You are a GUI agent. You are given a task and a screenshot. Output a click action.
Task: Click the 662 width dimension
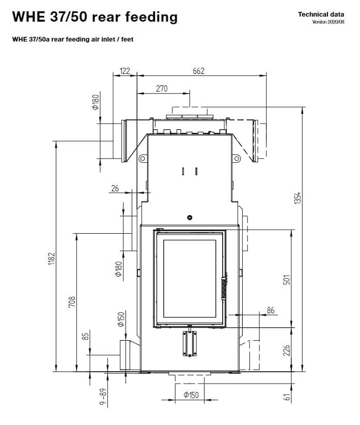(198, 71)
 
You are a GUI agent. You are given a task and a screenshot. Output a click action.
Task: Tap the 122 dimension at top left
(125, 71)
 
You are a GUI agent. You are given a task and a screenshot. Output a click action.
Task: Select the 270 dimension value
(162, 88)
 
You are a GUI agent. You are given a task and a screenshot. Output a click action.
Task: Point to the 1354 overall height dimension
(298, 198)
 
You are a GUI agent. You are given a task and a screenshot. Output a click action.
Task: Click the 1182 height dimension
(52, 259)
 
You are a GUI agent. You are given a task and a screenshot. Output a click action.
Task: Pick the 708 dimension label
(72, 302)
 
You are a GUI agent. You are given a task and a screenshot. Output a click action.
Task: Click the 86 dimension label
(271, 310)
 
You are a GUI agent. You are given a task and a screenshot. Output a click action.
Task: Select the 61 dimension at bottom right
(288, 397)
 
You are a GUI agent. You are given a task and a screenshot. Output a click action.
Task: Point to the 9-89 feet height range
(103, 397)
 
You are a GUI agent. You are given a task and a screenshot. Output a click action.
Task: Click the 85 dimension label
(85, 337)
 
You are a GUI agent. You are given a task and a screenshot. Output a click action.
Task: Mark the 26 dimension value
(115, 188)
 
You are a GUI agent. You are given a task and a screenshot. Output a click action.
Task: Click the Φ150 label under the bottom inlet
(191, 395)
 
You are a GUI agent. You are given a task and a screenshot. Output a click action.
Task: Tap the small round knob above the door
(190, 217)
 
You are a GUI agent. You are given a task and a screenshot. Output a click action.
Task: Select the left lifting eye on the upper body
(143, 158)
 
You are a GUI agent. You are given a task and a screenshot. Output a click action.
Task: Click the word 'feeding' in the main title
(151, 17)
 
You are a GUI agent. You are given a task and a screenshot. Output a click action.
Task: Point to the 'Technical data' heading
(321, 14)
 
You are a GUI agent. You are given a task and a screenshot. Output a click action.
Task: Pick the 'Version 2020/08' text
(328, 22)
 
